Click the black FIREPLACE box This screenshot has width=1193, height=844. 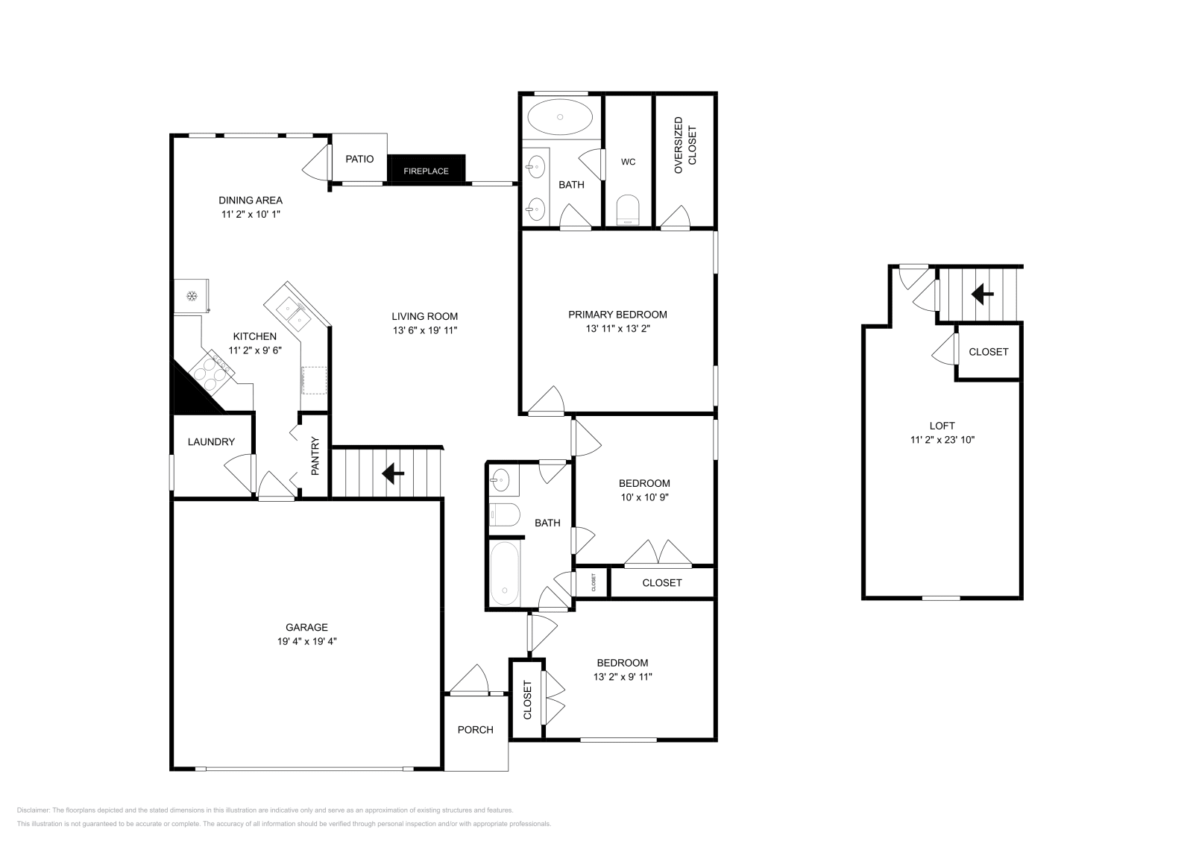[x=426, y=169]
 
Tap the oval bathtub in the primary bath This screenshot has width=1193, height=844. [x=561, y=117]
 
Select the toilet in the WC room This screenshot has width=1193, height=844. [x=629, y=210]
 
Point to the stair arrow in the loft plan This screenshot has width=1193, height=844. [x=982, y=295]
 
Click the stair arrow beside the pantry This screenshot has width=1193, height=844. [x=392, y=473]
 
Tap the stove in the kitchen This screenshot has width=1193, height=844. [x=210, y=371]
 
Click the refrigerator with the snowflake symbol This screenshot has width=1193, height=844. [x=192, y=296]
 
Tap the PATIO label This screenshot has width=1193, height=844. [x=359, y=159]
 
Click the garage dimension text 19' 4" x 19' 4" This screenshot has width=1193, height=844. [x=306, y=641]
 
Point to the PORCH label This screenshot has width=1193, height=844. [x=475, y=729]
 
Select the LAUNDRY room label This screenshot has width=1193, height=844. [x=211, y=441]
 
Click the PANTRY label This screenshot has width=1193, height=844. [x=315, y=456]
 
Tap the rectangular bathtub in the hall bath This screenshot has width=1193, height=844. [x=506, y=573]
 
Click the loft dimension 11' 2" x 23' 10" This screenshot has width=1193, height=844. [x=942, y=440]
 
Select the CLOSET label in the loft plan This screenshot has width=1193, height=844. [x=988, y=352]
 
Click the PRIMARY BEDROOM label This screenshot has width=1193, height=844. [x=617, y=315]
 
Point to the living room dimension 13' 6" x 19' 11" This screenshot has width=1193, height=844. [x=425, y=330]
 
